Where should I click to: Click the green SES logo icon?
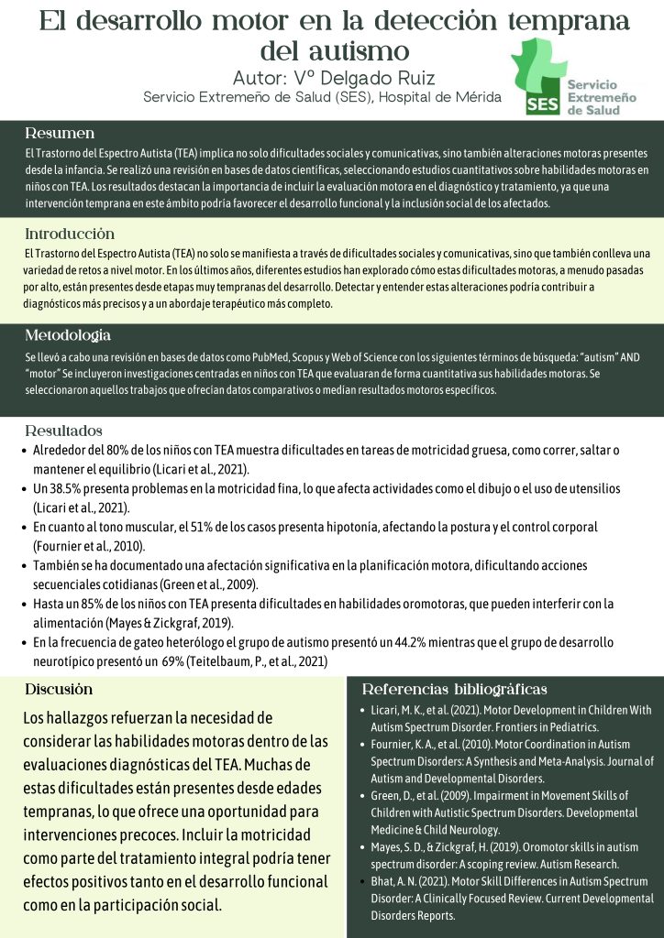[538, 79]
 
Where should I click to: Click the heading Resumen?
[60, 132]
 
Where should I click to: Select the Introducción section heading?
[70, 233]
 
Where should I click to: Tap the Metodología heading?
[68, 334]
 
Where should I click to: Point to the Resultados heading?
[63, 430]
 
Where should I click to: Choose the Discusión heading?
[59, 688]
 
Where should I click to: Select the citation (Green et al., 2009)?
[209, 584]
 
